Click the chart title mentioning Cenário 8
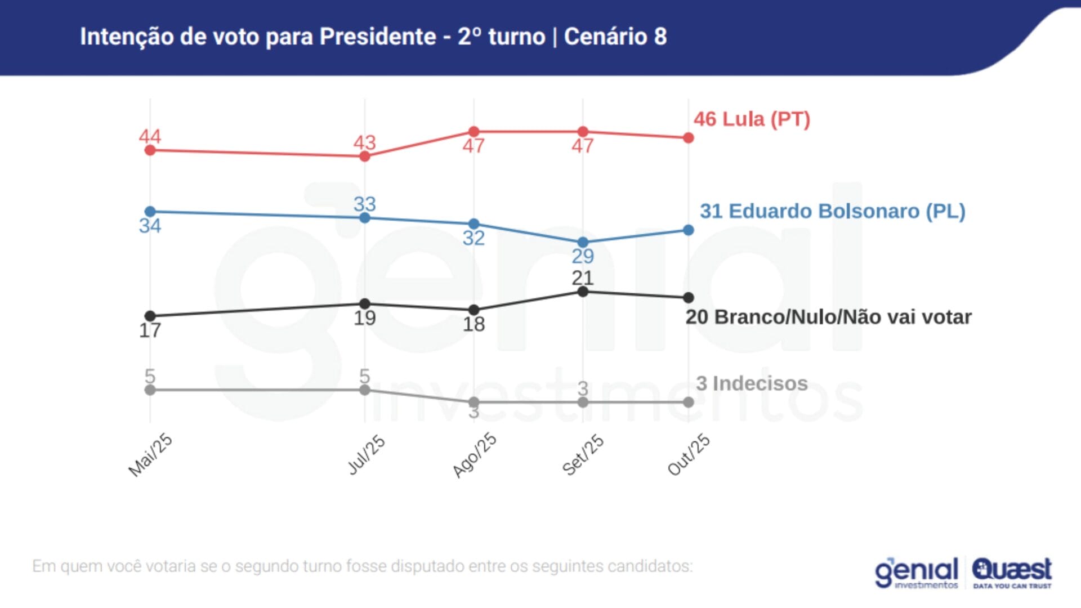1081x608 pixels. pyautogui.click(x=373, y=37)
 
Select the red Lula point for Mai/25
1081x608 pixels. pyautogui.click(x=150, y=150)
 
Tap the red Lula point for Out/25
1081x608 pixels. pyautogui.click(x=688, y=138)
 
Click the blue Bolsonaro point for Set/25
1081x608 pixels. pyautogui.click(x=583, y=242)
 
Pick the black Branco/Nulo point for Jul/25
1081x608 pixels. pyautogui.click(x=365, y=304)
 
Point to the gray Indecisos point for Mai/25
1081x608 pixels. pyautogui.click(x=150, y=390)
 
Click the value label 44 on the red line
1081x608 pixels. pyautogui.click(x=150, y=136)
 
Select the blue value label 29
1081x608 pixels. pyautogui.click(x=583, y=257)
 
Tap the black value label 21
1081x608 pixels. pyautogui.click(x=583, y=278)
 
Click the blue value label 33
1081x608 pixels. pyautogui.click(x=365, y=204)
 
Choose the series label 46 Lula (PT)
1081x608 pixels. pyautogui.click(x=752, y=119)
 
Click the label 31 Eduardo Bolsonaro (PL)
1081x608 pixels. pyautogui.click(x=832, y=211)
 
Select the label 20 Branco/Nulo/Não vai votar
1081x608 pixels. pyautogui.click(x=828, y=317)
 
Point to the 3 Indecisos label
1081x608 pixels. pyautogui.click(x=752, y=383)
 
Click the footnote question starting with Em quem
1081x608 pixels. pyautogui.click(x=362, y=566)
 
